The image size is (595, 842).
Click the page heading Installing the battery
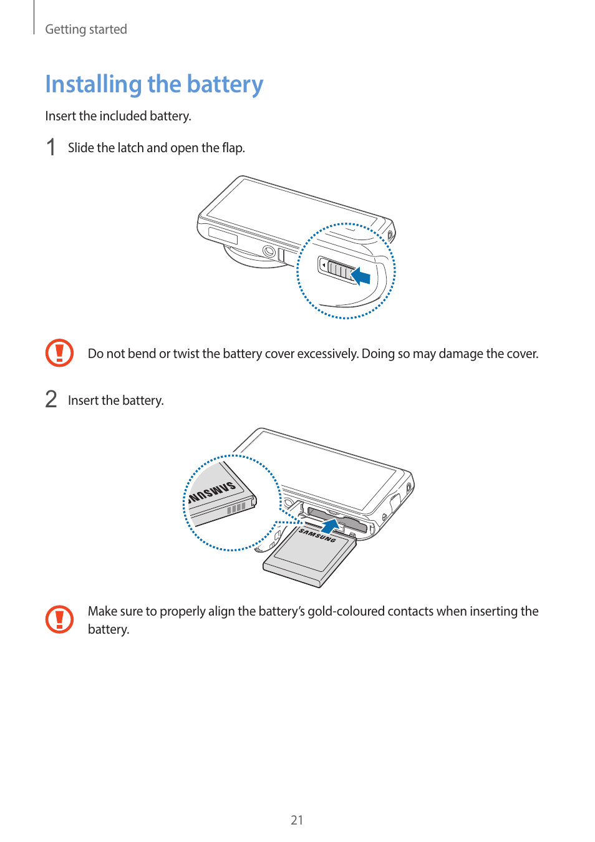pos(154,84)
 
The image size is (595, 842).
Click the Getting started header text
pos(86,29)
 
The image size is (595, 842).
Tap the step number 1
pos(51,148)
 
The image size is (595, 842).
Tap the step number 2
pos(51,399)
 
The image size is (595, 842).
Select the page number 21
pos(297,820)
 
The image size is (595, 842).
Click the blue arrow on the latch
pos(361,276)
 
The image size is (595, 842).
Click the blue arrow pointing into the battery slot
pos(331,526)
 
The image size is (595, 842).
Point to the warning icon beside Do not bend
pos(59,353)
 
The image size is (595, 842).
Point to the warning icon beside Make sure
pos(59,619)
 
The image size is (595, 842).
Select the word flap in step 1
pos(232,148)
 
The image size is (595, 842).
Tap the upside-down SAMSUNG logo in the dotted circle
pos(213,491)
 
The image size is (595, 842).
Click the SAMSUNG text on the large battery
pos(317,535)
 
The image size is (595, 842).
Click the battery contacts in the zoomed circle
pos(236,508)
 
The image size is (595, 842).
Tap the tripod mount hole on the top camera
pos(269,251)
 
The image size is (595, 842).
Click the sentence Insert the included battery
pos(118,116)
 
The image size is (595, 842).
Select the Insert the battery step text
pos(116,400)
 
